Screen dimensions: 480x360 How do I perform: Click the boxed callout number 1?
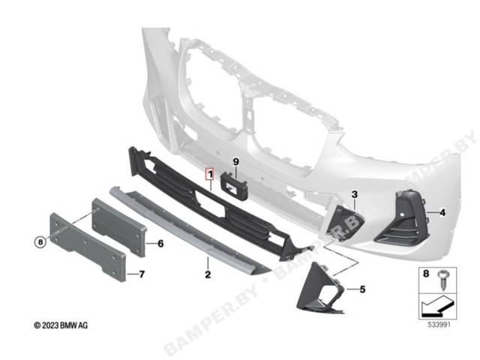tap(210, 175)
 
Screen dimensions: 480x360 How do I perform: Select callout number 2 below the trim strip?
tap(208, 274)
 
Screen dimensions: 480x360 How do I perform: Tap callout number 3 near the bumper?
tap(355, 194)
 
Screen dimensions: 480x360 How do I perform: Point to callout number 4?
tap(442, 212)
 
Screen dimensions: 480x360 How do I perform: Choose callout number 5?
tap(362, 289)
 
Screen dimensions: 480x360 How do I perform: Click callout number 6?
tap(160, 244)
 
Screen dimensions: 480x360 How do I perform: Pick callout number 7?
tap(142, 274)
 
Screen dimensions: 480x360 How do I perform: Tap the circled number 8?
tap(40, 242)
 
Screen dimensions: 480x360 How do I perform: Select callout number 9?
tap(235, 162)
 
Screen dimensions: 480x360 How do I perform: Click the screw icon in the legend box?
tap(443, 280)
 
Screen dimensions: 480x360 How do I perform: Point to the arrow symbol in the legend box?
tap(437, 306)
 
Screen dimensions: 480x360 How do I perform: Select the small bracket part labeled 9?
tap(234, 187)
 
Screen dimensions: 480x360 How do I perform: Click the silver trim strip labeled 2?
tap(190, 229)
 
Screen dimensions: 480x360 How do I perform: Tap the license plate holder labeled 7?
tap(88, 247)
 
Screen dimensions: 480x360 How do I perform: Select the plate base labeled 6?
tap(119, 227)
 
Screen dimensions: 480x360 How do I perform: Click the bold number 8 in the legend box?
tap(426, 273)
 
